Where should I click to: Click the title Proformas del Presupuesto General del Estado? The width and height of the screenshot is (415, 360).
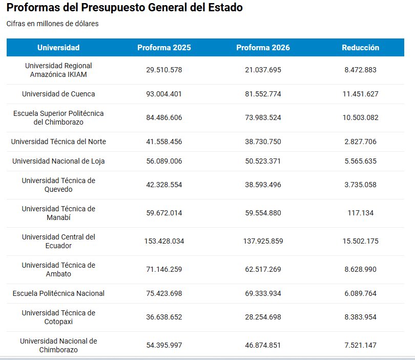125,8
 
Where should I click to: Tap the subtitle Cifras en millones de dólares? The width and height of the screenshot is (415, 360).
52,24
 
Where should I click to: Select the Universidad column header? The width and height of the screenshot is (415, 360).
58,48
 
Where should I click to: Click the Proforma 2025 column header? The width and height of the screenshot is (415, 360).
164,48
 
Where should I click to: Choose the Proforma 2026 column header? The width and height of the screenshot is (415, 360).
263,48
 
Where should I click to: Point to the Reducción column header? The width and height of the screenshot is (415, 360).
360,48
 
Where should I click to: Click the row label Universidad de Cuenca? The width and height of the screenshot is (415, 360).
58,94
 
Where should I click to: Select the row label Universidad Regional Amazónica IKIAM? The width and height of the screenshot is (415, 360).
58,70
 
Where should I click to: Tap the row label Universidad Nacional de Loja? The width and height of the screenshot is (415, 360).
58,161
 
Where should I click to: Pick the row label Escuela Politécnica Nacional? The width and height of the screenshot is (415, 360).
58,293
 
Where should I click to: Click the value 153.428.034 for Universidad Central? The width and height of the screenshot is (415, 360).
164,241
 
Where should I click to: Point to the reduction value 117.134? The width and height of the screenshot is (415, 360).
360,213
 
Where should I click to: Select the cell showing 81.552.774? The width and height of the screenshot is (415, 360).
263,94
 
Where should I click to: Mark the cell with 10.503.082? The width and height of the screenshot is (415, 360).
360,117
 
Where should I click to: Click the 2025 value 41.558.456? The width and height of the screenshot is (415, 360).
164,142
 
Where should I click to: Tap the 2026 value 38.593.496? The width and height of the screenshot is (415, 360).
263,185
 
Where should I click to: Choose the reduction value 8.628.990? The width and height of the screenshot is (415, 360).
360,269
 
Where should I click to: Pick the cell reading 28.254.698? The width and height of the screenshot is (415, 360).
263,317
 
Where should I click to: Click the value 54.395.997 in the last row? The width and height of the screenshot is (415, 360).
164,345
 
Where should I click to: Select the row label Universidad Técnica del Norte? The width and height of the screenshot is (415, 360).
58,142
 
